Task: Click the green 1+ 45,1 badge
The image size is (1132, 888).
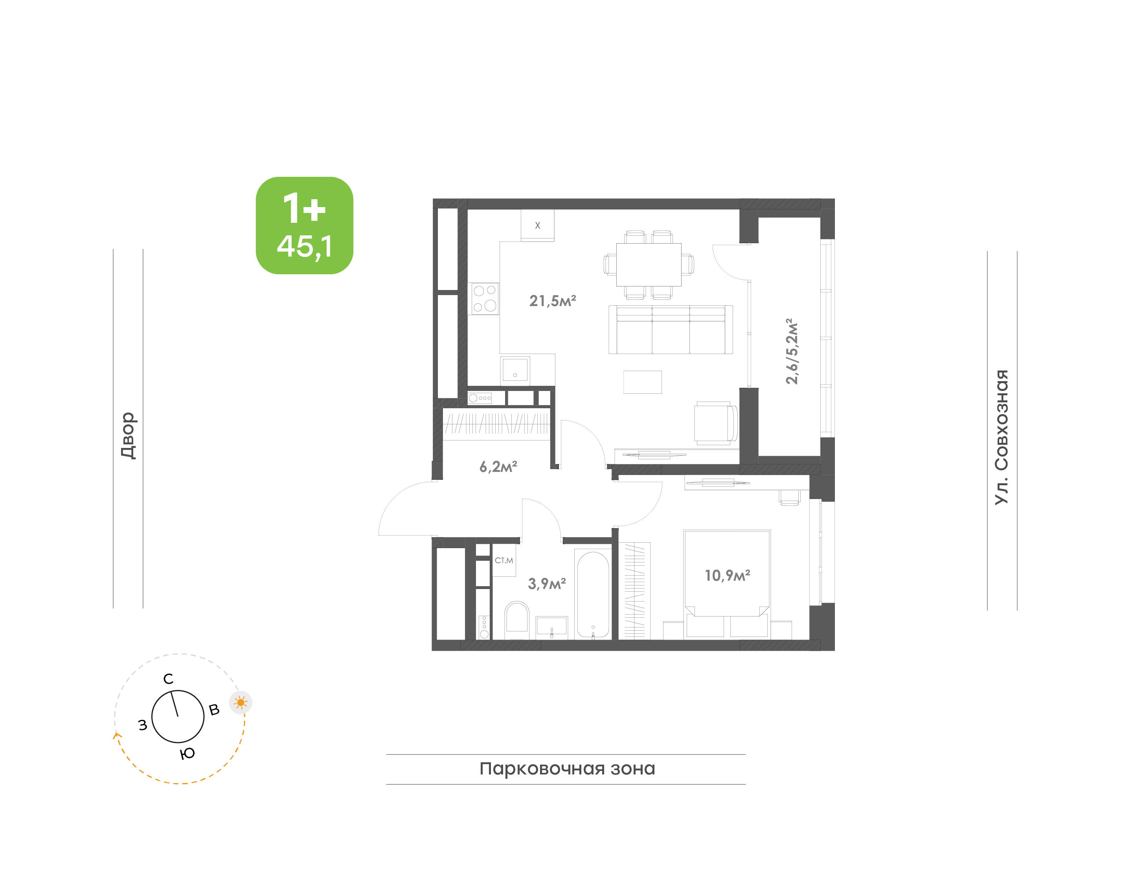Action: tap(304, 225)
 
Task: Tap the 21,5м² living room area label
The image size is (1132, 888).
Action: tap(552, 301)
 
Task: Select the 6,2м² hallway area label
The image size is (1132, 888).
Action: tap(498, 466)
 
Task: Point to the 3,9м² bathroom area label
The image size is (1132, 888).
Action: tap(546, 583)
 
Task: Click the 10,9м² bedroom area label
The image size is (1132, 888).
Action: tap(727, 575)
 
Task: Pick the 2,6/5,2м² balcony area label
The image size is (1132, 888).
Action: tap(791, 351)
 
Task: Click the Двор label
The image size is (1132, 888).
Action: tap(128, 436)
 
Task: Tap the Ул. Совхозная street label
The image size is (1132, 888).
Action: tap(1001, 437)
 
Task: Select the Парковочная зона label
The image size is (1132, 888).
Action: tap(567, 769)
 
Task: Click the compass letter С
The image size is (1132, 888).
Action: tap(168, 679)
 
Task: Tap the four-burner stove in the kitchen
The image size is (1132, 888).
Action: tap(485, 299)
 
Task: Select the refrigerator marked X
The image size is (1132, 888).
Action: tap(537, 225)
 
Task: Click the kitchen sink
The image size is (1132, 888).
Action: tap(515, 370)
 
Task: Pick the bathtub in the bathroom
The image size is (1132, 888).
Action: tap(593, 593)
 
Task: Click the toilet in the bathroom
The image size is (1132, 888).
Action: tap(517, 620)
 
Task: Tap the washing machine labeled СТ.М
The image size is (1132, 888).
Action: tap(504, 560)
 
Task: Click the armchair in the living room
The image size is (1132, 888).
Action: tap(715, 423)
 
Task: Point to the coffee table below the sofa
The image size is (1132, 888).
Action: tap(643, 382)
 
